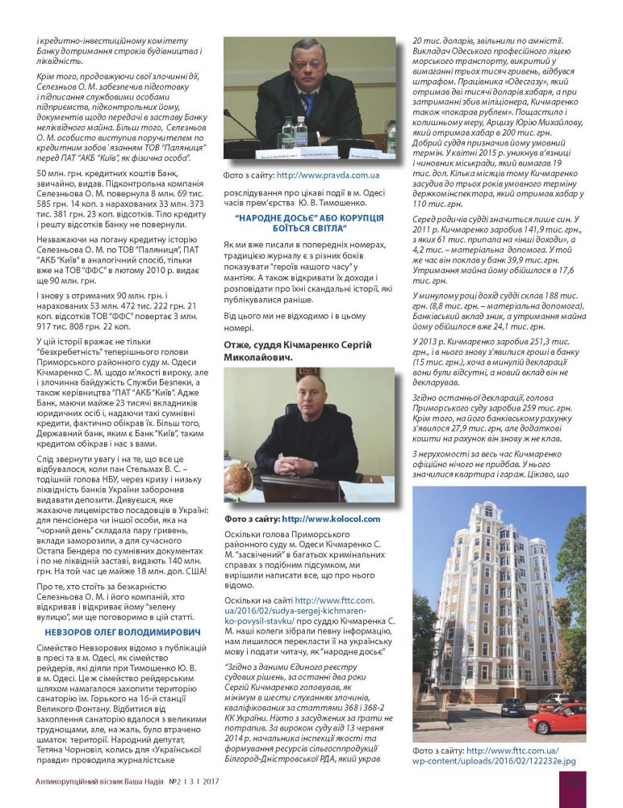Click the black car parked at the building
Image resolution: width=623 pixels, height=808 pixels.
512,707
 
